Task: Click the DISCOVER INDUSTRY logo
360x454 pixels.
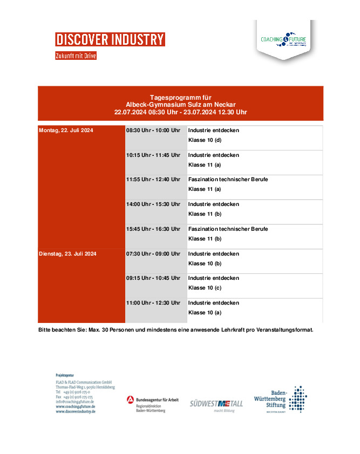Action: tap(110, 39)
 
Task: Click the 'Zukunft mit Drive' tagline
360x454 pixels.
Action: tap(76, 56)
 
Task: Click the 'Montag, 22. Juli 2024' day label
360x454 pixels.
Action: tap(66, 130)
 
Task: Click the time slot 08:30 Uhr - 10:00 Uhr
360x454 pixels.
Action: tap(153, 130)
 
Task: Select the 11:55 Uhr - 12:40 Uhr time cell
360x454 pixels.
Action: tap(153, 180)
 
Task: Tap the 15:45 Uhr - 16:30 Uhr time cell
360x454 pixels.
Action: tap(153, 229)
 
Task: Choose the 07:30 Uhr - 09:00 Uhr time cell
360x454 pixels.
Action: tap(153, 253)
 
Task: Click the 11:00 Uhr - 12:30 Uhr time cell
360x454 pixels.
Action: tap(153, 303)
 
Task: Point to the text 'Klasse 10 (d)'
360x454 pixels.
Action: tap(205, 140)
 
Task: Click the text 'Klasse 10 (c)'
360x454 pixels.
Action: tap(205, 288)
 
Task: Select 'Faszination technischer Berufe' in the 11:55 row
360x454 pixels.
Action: tap(228, 180)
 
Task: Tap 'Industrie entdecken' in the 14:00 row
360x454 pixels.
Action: tap(213, 204)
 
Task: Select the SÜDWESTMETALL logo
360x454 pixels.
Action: tap(216, 404)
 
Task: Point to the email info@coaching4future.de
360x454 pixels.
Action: tap(75, 402)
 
